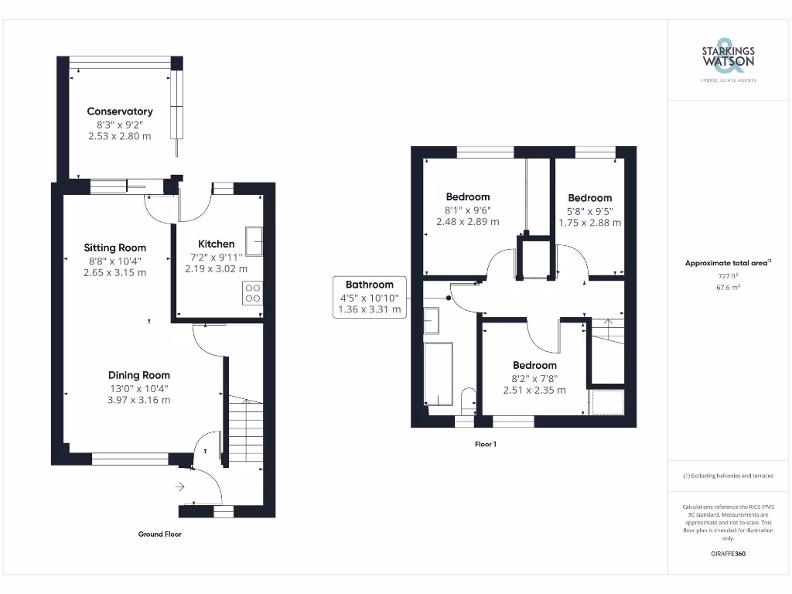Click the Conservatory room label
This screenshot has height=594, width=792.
(120, 111)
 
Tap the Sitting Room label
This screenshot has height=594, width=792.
(115, 248)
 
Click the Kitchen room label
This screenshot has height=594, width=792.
(217, 244)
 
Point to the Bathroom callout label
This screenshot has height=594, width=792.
(369, 285)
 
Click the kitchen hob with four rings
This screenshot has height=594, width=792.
(253, 293)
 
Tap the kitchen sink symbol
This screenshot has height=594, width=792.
(254, 240)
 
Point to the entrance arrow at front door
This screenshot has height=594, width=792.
(180, 486)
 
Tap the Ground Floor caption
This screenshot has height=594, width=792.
(159, 534)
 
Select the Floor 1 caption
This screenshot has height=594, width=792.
(485, 444)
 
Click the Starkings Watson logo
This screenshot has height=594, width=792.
(728, 59)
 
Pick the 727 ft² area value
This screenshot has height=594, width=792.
(728, 275)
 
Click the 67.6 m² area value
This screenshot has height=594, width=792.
(728, 287)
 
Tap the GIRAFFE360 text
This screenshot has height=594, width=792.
(728, 554)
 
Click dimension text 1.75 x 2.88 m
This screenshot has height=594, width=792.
(589, 223)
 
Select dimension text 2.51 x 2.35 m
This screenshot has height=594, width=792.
(534, 390)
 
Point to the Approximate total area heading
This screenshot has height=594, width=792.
(727, 263)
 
